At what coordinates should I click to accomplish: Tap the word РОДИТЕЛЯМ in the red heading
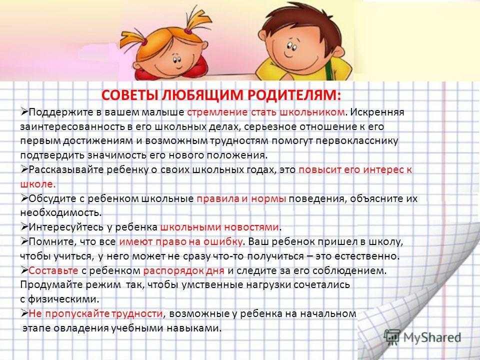point(294,95)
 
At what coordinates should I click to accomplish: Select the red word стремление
point(217,112)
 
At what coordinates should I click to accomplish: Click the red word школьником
point(312,112)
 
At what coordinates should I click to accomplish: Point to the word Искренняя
point(377,112)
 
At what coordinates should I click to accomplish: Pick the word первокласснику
point(357,141)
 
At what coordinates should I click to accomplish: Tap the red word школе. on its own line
point(38,184)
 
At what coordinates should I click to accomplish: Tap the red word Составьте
point(53,271)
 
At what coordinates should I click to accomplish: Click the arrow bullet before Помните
point(24,241)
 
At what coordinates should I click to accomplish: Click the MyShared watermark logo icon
point(392,337)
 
